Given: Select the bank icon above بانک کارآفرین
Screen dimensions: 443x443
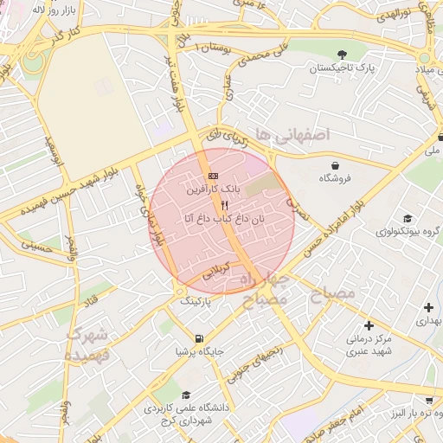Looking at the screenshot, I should [x=213, y=177].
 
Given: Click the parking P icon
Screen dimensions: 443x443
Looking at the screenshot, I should [x=195, y=290].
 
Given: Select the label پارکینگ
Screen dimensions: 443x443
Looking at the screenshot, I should [x=195, y=303].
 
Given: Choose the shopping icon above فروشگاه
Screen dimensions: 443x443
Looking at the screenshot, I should [x=335, y=165].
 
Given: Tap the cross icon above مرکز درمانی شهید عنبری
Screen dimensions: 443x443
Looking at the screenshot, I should [x=369, y=326].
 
